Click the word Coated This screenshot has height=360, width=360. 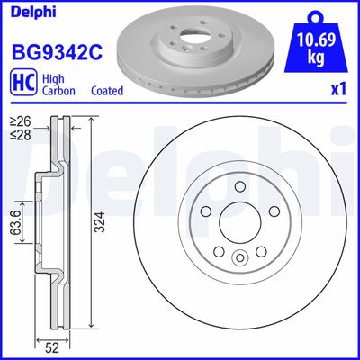(x=108, y=91)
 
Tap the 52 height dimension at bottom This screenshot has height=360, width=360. (x=53, y=343)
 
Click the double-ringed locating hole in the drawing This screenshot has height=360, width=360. (x=239, y=258)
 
